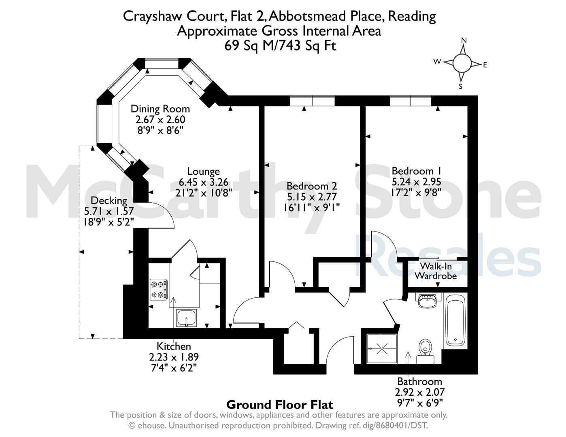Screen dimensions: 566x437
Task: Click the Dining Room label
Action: (160, 109)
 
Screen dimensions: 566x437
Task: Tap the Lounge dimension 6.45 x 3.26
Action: (203, 182)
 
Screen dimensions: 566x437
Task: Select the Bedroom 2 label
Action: (312, 186)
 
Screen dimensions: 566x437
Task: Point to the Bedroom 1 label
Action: (417, 171)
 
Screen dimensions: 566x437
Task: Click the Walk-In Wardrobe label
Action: (436, 271)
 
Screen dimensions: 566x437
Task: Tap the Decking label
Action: (109, 201)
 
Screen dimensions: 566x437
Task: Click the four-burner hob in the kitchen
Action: (159, 289)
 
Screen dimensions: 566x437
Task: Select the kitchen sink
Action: (187, 318)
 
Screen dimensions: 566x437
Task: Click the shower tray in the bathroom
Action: (382, 348)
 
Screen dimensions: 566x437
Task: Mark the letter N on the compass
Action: (464, 40)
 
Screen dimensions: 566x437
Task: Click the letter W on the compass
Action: (437, 62)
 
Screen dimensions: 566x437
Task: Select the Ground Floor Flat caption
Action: (280, 405)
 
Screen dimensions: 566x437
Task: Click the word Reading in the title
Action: (412, 17)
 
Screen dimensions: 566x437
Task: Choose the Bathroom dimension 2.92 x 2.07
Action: (419, 392)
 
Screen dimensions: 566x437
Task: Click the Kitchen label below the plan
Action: (174, 346)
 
